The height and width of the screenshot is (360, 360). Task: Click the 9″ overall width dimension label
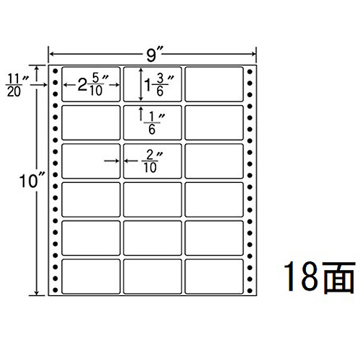152,56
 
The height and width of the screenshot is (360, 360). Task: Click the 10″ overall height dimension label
31,181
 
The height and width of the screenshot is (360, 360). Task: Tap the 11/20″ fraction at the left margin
17,86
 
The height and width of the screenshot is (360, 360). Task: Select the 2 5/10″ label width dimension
93,85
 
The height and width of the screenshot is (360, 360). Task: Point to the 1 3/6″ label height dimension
158,85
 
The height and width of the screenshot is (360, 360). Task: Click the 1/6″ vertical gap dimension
153,123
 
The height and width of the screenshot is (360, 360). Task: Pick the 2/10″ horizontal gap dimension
151,161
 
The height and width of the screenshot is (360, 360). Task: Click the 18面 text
319,277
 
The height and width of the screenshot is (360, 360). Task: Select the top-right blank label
214,84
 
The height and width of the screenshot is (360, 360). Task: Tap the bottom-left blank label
91,276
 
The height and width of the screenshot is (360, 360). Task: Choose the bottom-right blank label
214,276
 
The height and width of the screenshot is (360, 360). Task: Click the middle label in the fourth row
153,199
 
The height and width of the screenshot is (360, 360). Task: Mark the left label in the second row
91,122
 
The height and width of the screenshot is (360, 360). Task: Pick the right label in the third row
214,161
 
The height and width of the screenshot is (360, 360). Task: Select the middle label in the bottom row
153,276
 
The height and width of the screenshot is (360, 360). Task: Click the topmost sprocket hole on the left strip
55,71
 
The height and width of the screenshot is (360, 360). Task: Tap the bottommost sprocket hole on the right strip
250,291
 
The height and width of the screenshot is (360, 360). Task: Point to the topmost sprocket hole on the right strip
250,71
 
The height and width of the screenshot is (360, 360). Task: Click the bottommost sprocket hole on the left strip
55,290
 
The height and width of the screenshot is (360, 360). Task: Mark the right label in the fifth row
214,238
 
